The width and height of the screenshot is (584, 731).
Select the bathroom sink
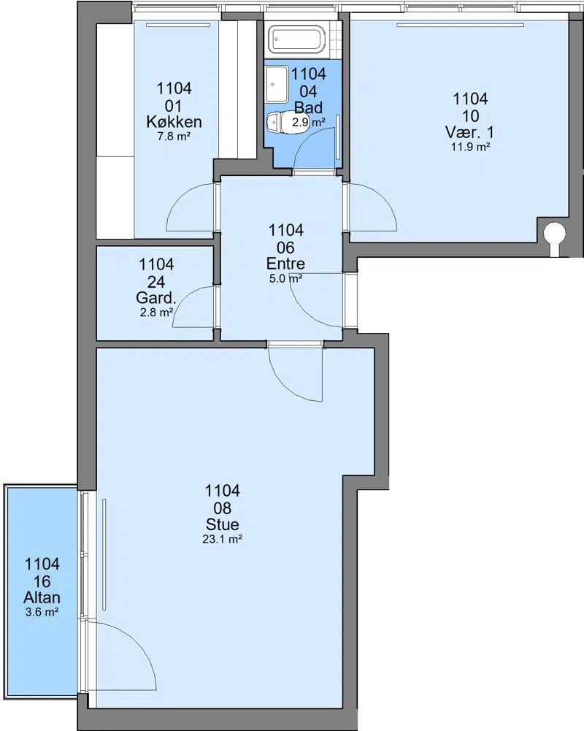click(x=277, y=84)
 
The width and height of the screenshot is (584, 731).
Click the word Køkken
click(x=174, y=122)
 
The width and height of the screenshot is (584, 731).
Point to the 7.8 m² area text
click(x=174, y=137)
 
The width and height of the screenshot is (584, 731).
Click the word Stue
click(x=223, y=524)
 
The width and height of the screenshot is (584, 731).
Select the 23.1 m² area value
click(x=223, y=540)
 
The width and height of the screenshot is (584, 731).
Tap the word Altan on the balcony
click(x=42, y=597)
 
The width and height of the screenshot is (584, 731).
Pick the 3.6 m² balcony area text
click(x=42, y=612)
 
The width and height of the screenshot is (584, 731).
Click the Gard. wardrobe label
click(x=156, y=297)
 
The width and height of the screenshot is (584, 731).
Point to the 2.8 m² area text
click(x=157, y=313)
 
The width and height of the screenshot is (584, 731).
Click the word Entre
click(x=285, y=264)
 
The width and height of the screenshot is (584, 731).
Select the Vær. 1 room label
click(x=470, y=132)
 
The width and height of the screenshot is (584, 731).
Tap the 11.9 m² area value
click(x=470, y=147)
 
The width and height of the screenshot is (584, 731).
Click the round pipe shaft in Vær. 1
click(x=555, y=231)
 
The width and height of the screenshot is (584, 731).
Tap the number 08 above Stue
click(x=223, y=508)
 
